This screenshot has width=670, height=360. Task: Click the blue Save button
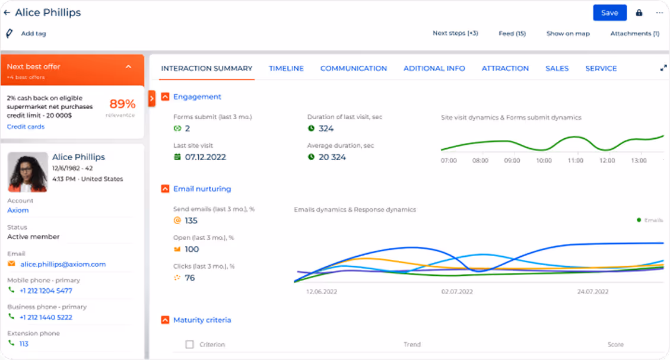tap(609, 12)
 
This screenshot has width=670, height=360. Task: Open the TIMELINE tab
tap(286, 69)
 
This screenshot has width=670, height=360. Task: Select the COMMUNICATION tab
tap(353, 69)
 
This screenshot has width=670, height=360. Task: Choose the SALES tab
tap(557, 69)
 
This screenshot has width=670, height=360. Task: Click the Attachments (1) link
tap(634, 34)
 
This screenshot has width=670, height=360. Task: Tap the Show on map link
tap(568, 34)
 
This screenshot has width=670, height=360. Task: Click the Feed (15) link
tap(512, 34)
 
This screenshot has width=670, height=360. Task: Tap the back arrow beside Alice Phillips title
tap(7, 12)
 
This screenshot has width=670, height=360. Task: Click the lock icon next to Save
tap(639, 12)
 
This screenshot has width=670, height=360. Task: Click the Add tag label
tap(33, 34)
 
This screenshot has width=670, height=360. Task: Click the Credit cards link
tap(26, 127)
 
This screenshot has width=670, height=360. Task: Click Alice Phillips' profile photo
tap(28, 172)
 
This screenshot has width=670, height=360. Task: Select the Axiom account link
tap(18, 211)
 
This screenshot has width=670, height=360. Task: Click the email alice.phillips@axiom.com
tap(62, 265)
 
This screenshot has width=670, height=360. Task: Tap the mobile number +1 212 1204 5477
tap(46, 291)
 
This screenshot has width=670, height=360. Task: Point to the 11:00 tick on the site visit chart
tap(575, 161)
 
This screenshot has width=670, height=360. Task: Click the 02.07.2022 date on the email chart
tap(456, 292)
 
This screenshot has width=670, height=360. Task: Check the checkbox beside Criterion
tap(190, 345)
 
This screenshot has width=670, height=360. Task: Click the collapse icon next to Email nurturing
tap(165, 189)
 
